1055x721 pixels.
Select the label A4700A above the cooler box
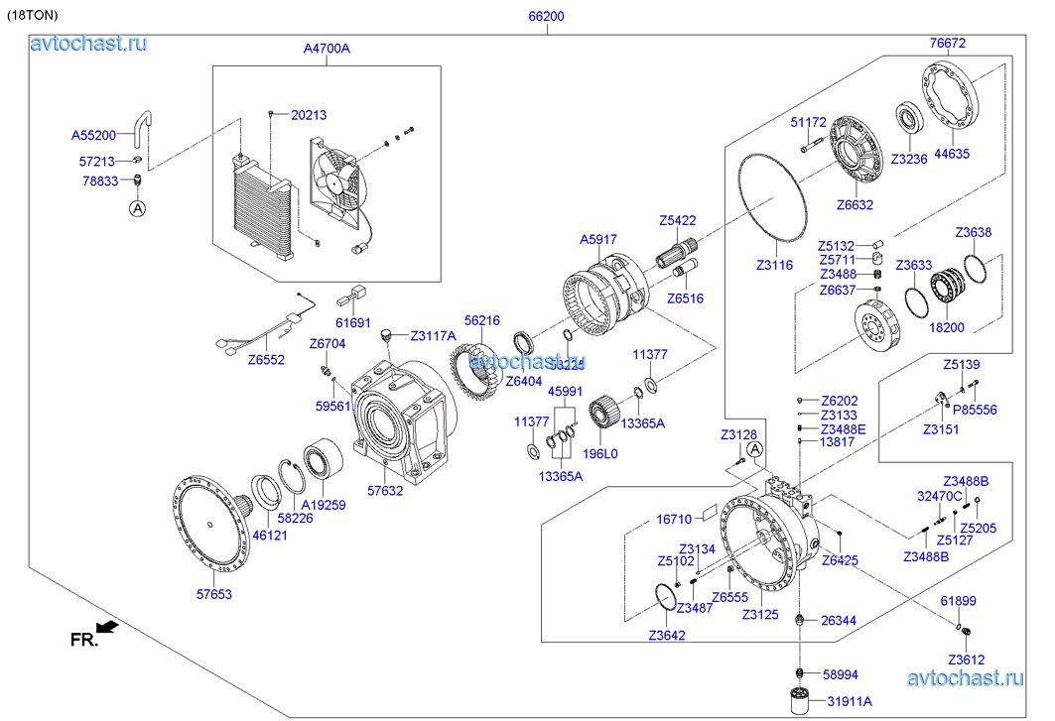327,48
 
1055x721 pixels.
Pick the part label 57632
385,490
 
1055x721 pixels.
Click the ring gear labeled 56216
480,368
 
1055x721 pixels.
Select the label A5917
598,239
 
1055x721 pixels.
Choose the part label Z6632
854,205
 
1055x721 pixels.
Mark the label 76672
947,43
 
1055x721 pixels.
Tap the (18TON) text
34,16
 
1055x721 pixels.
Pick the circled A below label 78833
137,208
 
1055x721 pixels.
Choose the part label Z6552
265,360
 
